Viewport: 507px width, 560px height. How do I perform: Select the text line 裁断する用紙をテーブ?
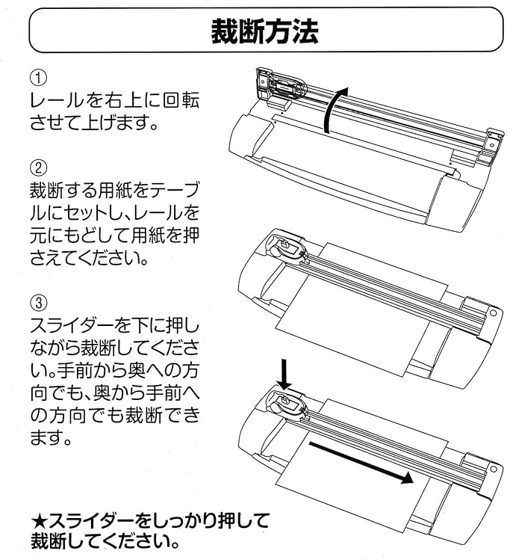(114, 188)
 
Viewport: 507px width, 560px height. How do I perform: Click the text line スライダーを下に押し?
(114, 326)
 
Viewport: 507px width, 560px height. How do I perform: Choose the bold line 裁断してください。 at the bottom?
(105, 539)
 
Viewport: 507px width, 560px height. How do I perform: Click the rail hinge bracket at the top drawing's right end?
(489, 146)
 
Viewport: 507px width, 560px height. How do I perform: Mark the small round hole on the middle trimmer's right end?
(494, 313)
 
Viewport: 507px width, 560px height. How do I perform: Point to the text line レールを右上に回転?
(114, 100)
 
